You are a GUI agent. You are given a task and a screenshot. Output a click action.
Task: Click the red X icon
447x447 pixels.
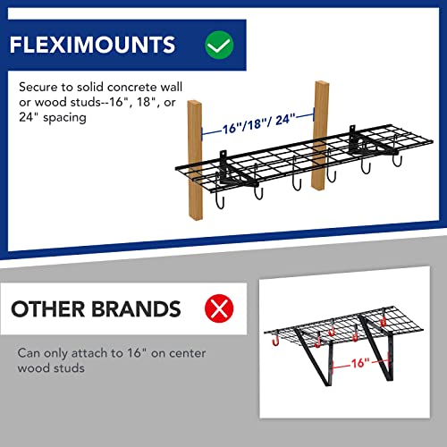click(217, 310)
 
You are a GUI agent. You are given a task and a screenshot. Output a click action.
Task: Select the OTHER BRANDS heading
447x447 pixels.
click(96, 310)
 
